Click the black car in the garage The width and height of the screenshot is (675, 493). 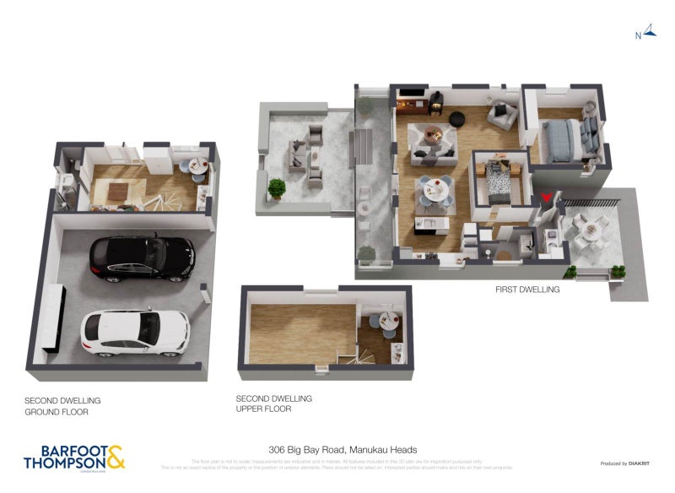pos(142,257)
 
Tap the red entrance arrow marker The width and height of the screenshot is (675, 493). pos(547,198)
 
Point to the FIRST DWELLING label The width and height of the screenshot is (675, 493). pos(527,289)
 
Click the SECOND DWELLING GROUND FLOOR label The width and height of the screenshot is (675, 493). pos(62,406)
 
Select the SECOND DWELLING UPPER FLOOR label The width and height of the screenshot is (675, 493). pos(273,404)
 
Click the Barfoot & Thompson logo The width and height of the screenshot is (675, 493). pos(74,456)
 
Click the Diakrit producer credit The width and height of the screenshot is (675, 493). pos(624,463)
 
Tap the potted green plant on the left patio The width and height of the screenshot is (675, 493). pos(276,187)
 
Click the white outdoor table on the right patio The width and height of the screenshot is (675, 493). pos(587,226)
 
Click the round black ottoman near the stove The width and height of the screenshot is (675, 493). pos(457,117)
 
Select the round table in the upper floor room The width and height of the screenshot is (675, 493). pos(386,320)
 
